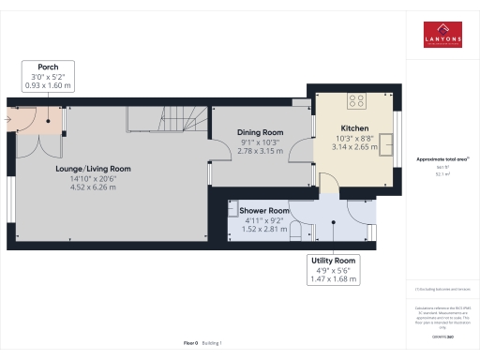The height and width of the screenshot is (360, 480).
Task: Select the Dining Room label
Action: (x=260, y=132)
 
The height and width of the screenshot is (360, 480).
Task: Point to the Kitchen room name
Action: (x=353, y=128)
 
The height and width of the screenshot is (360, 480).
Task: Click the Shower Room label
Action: (x=262, y=211)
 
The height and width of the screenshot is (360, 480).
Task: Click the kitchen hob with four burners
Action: (x=357, y=101)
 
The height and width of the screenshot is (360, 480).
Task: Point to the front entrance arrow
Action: (x=9, y=119)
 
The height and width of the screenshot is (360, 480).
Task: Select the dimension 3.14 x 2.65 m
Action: (x=353, y=146)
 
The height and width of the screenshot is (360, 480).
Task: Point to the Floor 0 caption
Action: (x=190, y=344)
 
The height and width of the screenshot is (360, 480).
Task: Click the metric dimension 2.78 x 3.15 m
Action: (x=260, y=150)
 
